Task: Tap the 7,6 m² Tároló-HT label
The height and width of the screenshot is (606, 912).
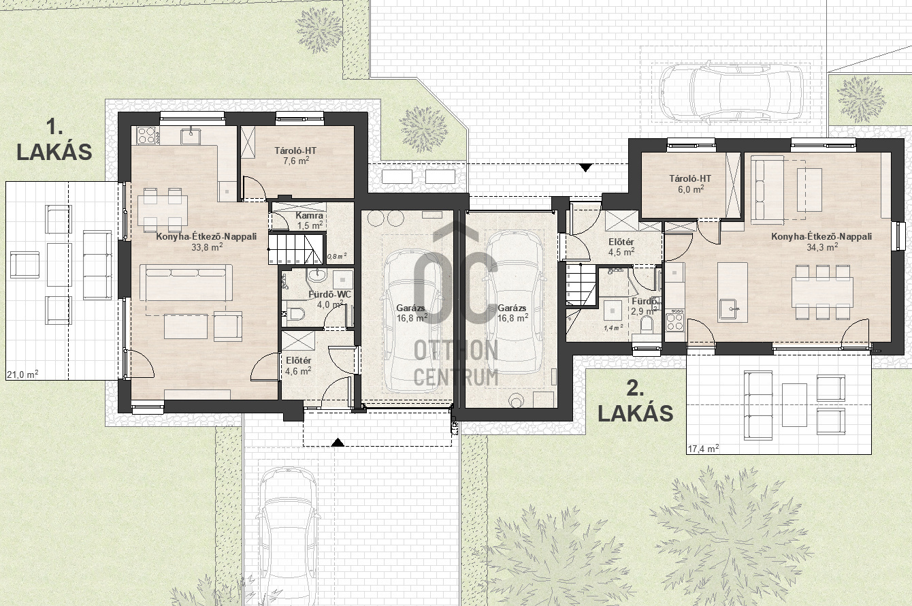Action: tap(295, 155)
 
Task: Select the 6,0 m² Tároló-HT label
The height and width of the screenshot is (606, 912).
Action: tap(690, 183)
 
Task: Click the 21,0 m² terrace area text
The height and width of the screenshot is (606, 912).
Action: tap(22, 374)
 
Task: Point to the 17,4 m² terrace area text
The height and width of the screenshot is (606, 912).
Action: tap(703, 449)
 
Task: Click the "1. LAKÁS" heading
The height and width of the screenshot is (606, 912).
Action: tap(54, 140)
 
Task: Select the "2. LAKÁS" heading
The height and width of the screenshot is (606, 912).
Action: tap(635, 402)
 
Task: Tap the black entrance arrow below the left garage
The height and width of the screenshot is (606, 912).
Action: tap(336, 443)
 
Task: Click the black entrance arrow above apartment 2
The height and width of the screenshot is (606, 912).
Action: tap(585, 168)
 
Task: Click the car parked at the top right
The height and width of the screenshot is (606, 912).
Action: tap(731, 92)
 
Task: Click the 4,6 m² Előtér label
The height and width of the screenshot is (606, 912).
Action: tap(298, 366)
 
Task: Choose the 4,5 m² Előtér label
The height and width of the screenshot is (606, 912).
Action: tap(621, 246)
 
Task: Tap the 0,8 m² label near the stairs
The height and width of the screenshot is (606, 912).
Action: tap(337, 256)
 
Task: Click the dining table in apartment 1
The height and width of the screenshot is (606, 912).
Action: tap(163, 210)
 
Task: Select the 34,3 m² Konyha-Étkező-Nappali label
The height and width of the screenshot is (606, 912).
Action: tap(821, 242)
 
